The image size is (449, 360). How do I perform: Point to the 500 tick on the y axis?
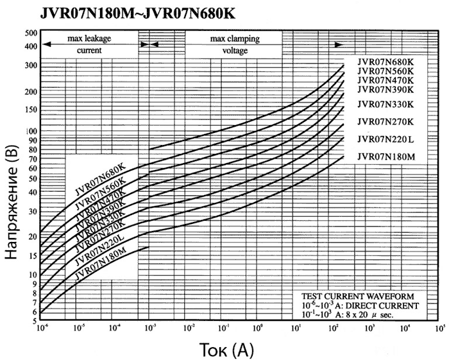coord(31,32)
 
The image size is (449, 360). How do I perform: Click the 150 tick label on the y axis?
coord(30,108)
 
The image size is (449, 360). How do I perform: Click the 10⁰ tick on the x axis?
coord(258,329)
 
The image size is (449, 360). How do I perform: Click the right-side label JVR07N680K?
coord(385,62)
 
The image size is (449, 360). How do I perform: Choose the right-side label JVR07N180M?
coord(386,157)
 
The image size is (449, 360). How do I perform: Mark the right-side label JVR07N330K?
coord(385,104)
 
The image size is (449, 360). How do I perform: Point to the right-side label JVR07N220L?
coord(385,139)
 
